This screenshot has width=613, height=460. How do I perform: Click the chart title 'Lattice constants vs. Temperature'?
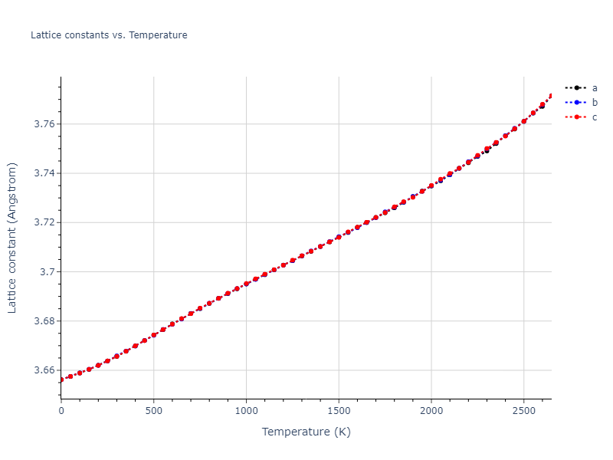click(x=109, y=35)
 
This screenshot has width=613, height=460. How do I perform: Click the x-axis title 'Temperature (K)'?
click(x=306, y=432)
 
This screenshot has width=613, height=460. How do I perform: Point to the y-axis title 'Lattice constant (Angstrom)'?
click(x=12, y=238)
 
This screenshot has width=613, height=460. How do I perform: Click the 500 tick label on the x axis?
click(x=153, y=411)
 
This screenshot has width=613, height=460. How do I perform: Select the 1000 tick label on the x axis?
click(x=246, y=411)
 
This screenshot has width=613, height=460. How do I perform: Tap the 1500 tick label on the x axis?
click(x=339, y=411)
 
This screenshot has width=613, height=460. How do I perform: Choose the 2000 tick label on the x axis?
click(x=431, y=411)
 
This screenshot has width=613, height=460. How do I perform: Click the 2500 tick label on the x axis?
click(x=523, y=411)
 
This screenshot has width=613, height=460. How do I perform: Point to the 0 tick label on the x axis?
click(x=61, y=411)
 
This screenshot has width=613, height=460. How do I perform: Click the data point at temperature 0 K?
click(x=61, y=379)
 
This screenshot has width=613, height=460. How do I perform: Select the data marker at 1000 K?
click(x=246, y=284)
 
